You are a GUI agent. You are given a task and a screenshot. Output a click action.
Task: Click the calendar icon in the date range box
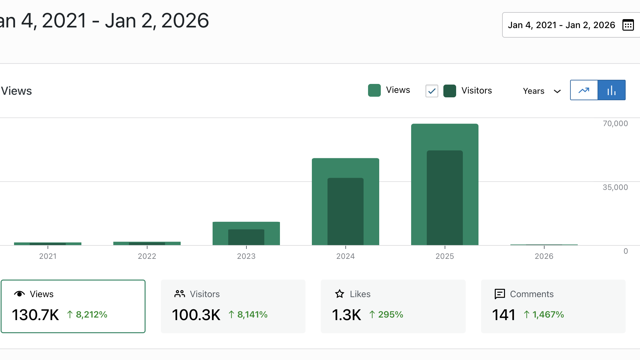(x=628, y=25)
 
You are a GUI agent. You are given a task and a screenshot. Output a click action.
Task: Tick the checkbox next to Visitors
(x=432, y=91)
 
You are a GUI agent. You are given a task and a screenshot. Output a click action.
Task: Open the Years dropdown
(x=542, y=91)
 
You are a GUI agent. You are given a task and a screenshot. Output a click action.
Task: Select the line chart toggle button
(x=584, y=90)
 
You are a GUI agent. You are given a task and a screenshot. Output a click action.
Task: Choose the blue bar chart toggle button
(x=611, y=90)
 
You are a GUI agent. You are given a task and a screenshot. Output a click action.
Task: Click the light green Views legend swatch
(x=374, y=90)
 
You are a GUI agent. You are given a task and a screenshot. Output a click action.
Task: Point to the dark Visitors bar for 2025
(x=445, y=198)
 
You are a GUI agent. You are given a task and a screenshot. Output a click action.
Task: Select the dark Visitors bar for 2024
(x=345, y=211)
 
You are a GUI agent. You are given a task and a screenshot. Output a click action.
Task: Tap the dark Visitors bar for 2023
(x=246, y=237)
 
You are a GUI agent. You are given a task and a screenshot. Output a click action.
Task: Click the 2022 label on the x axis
(x=147, y=256)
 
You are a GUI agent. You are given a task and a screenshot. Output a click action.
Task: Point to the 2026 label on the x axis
(x=544, y=256)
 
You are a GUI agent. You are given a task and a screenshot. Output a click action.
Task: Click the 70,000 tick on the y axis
(x=615, y=124)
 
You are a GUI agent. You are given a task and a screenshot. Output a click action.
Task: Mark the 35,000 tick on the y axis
(x=615, y=187)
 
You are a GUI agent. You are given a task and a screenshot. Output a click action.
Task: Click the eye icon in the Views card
(x=19, y=294)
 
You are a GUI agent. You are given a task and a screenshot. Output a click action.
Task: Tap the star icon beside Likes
(x=340, y=294)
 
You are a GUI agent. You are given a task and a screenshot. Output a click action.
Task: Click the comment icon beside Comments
(x=500, y=294)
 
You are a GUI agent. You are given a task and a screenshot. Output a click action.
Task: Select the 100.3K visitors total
(x=196, y=315)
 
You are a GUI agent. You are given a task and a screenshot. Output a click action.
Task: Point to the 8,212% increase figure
(x=91, y=315)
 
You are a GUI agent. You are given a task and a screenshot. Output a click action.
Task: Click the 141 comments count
(x=503, y=315)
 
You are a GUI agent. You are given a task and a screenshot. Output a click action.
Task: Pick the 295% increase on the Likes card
(x=390, y=315)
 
